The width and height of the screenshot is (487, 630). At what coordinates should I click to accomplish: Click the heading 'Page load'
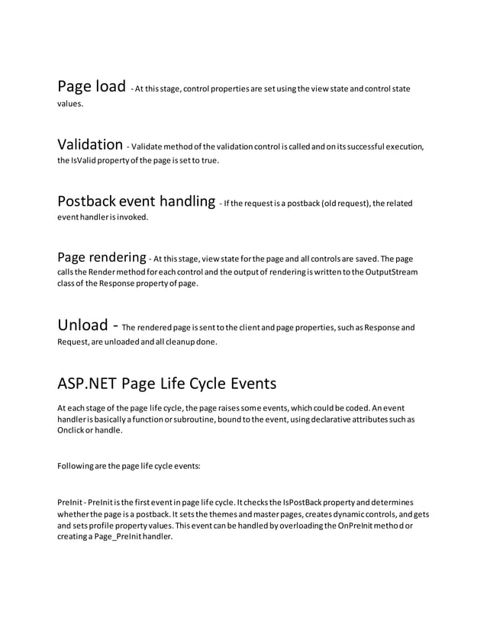(92, 86)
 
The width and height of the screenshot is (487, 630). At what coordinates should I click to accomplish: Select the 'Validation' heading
(90, 144)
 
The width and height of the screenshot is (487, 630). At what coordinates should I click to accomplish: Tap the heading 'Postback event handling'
(136, 201)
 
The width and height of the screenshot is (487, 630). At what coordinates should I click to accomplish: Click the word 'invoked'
(132, 217)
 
